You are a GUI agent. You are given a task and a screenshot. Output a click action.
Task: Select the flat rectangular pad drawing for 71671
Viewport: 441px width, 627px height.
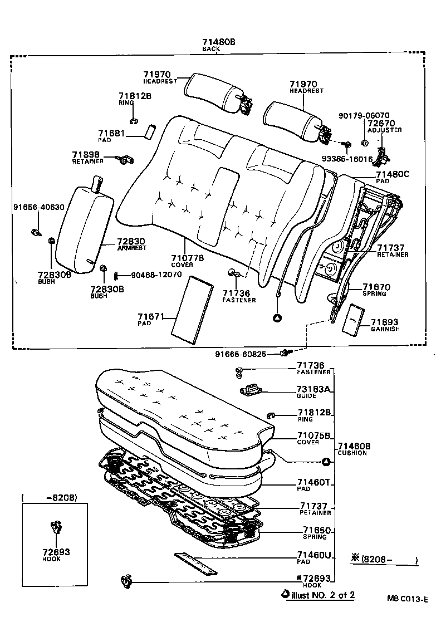pos(192,309)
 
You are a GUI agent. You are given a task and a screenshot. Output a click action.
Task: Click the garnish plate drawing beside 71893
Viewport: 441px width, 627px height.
pos(352,321)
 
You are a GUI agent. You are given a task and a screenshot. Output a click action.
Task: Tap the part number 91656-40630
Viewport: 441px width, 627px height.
pos(39,207)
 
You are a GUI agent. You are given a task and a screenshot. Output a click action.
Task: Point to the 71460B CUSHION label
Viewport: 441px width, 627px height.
pos(353,449)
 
